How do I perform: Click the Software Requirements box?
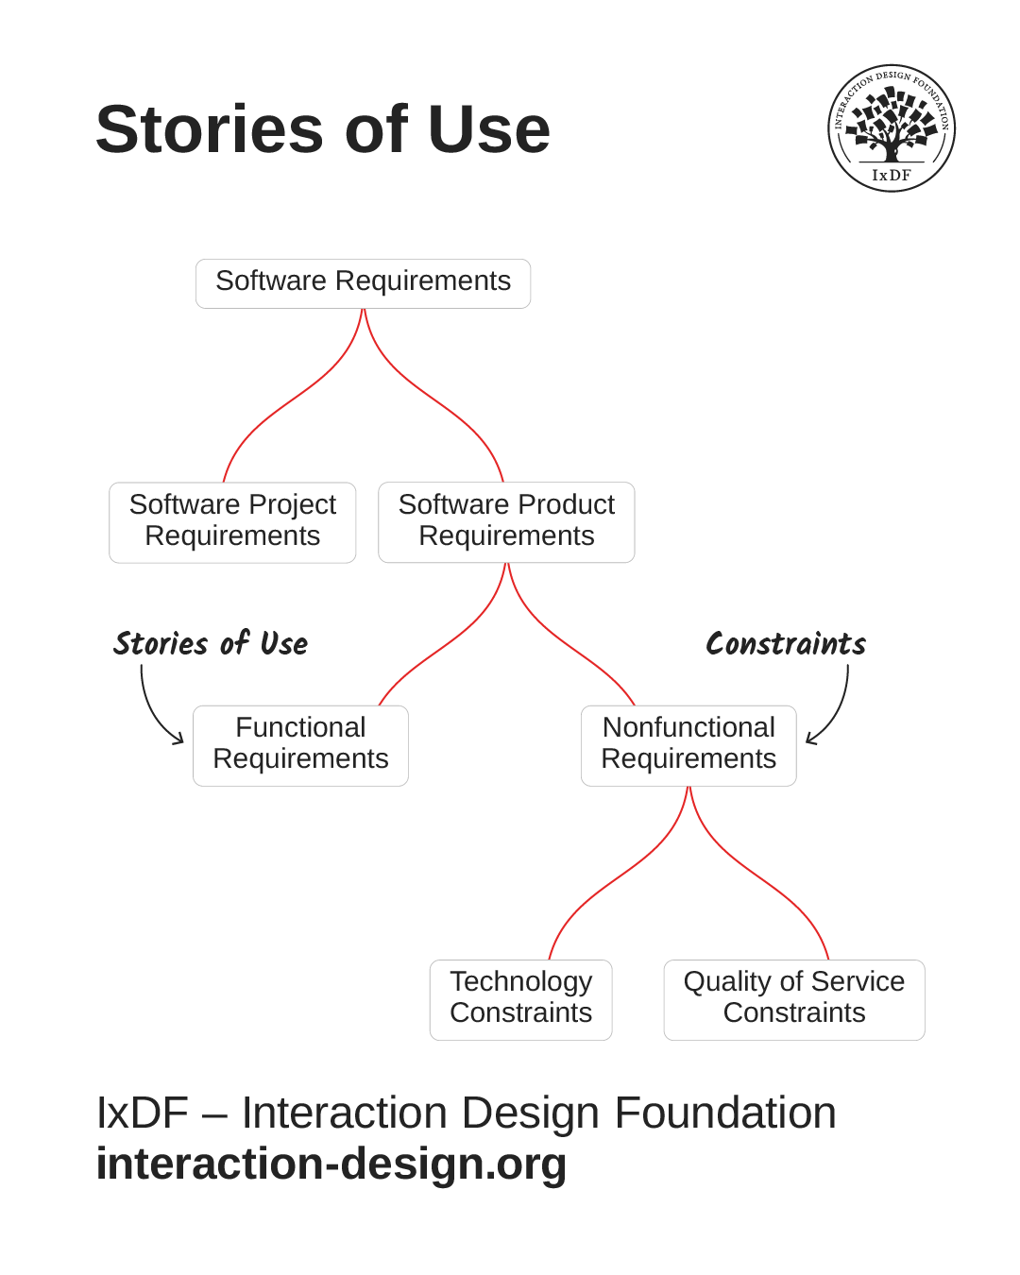tap(363, 283)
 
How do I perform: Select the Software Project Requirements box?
tap(232, 522)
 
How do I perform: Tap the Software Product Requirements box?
tap(506, 522)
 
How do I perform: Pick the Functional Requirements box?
tap(300, 745)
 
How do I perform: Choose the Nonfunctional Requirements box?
tap(688, 745)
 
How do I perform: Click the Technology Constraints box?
tap(520, 999)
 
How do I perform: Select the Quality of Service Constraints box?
tap(793, 999)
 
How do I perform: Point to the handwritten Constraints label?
tap(785, 644)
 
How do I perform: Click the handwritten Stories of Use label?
tap(211, 644)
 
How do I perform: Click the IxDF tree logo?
tap(891, 128)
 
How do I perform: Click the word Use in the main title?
tap(488, 129)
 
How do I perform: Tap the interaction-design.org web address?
tap(331, 1164)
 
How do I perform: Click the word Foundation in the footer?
tap(724, 1113)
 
